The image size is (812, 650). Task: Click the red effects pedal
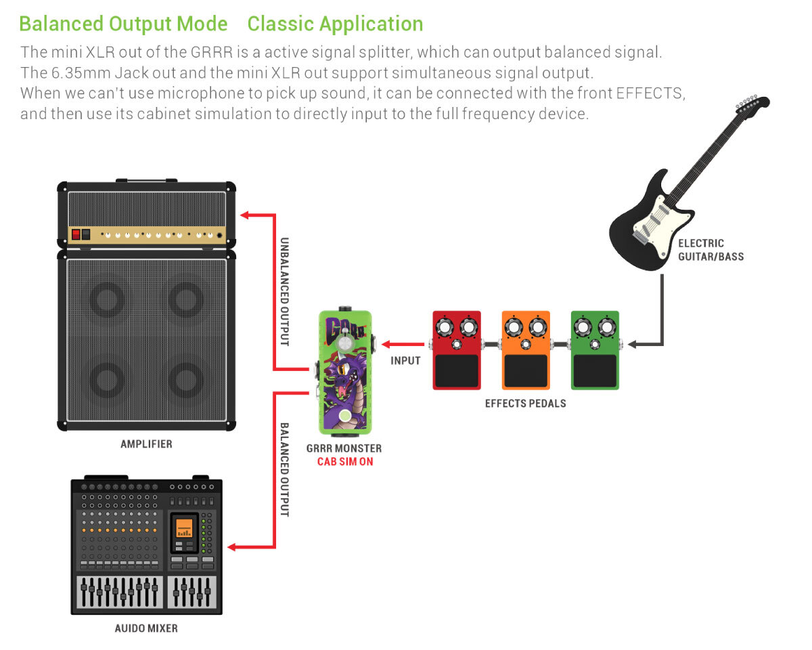(x=457, y=350)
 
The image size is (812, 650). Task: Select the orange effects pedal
(x=526, y=350)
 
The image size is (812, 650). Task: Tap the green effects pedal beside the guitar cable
(x=595, y=350)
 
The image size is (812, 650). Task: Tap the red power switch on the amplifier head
(x=76, y=235)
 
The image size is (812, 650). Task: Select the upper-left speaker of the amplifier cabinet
(x=108, y=299)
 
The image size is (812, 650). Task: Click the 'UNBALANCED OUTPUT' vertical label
(x=284, y=291)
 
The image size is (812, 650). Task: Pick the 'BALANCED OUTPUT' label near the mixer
(x=284, y=470)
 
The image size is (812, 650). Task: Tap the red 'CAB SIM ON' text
(x=344, y=462)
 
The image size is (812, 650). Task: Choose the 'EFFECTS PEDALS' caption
(x=526, y=404)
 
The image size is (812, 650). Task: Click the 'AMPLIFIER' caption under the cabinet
(x=146, y=444)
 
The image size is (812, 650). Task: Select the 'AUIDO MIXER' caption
(x=146, y=628)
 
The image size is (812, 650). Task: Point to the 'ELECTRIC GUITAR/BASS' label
(x=710, y=250)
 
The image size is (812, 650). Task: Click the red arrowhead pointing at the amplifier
(x=246, y=215)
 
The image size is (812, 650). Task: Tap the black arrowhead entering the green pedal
(x=632, y=345)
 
